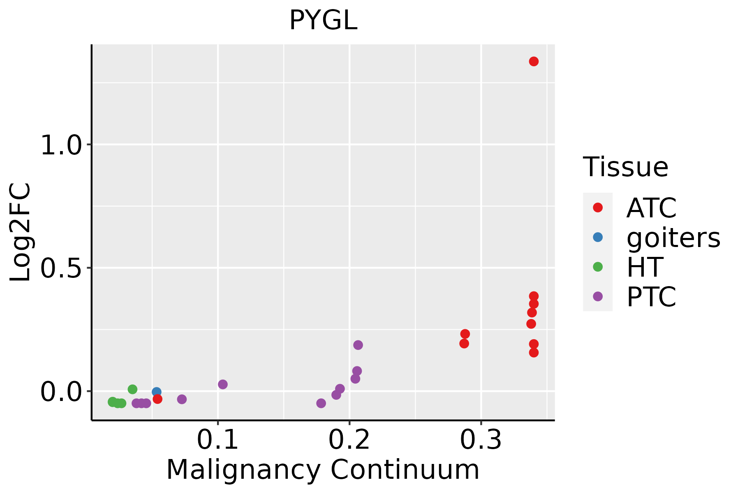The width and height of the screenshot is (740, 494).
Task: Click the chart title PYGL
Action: point(323,21)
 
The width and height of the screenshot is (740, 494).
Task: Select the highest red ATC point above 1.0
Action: point(534,61)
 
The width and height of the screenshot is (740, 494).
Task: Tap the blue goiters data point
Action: point(156,392)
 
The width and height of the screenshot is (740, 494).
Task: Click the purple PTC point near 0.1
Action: point(223,384)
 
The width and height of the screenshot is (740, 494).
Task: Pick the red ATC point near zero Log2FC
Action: point(157,399)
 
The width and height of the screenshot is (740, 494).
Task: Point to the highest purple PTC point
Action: point(358,345)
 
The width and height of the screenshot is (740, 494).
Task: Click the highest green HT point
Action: point(132,389)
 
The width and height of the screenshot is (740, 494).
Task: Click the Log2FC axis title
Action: point(21,232)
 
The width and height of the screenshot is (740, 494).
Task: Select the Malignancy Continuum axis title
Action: point(323,470)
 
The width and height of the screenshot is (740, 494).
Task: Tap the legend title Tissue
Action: point(626,167)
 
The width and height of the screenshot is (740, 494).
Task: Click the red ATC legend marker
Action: point(598,207)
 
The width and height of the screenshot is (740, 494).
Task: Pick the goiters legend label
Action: point(673,238)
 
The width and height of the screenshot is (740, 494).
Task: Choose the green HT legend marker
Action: point(598,267)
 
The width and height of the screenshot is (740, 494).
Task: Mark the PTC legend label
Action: point(651,297)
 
